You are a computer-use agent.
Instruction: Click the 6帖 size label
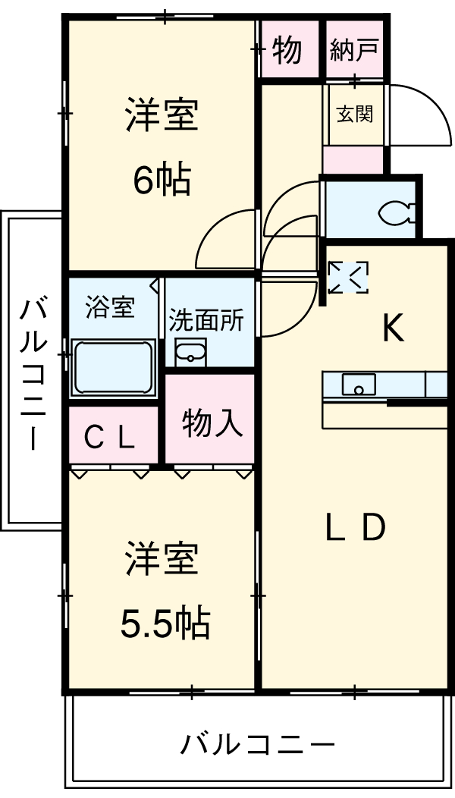point(162,180)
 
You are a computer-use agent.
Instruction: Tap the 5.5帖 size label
point(165,624)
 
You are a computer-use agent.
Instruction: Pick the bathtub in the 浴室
point(113,368)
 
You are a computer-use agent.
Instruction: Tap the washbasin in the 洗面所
point(190,353)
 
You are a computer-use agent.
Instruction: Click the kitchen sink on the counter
point(357,385)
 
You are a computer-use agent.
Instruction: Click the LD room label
point(356,528)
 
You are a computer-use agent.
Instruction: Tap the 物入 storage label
point(212,423)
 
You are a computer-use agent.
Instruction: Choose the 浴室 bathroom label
point(111,307)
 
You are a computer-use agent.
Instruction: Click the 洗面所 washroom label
point(206,319)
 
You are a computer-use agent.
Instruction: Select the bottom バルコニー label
point(257,743)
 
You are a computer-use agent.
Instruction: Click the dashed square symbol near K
point(348,278)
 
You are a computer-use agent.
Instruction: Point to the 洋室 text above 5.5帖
point(162,560)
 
